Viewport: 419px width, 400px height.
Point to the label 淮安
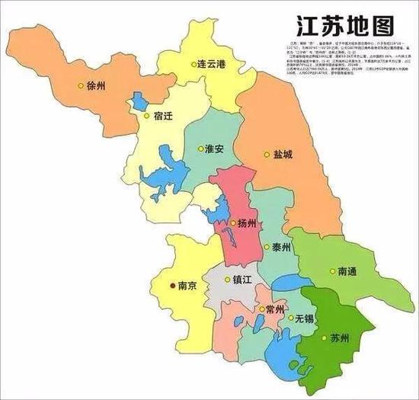[215, 149]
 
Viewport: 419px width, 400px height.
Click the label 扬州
[248, 223]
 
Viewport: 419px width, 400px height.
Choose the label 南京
[188, 286]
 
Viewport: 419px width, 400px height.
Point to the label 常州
[274, 310]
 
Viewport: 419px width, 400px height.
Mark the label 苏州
[339, 338]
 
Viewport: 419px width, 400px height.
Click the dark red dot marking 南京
[171, 286]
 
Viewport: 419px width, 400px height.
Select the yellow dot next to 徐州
[82, 85]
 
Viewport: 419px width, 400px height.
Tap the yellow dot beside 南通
[333, 270]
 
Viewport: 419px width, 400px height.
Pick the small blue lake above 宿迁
[139, 100]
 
